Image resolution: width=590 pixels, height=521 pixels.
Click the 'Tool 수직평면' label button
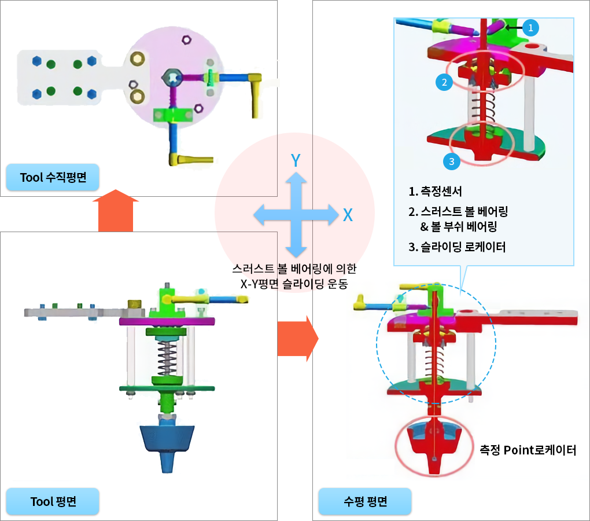[x=53, y=178]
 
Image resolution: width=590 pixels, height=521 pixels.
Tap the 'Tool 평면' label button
[x=53, y=501]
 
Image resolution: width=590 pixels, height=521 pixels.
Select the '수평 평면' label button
[x=365, y=501]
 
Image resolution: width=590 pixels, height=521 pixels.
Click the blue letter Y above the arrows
[x=296, y=160]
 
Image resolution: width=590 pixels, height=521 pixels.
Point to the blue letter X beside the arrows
[x=348, y=215]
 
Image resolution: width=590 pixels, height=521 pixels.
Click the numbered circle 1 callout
[x=531, y=27]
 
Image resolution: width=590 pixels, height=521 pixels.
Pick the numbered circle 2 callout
[x=444, y=82]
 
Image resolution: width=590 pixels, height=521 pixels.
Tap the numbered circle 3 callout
[x=452, y=162]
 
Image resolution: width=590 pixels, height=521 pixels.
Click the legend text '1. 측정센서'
[x=435, y=192]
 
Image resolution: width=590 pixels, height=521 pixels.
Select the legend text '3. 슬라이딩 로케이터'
[x=457, y=247]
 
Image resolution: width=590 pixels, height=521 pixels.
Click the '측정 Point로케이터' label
[x=528, y=450]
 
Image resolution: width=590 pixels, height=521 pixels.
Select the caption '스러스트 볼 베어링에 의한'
[x=294, y=269]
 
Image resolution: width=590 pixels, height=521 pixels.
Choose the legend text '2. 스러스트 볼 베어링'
[x=462, y=211]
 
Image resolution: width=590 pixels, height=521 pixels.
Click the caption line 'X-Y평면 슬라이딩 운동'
[x=294, y=282]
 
